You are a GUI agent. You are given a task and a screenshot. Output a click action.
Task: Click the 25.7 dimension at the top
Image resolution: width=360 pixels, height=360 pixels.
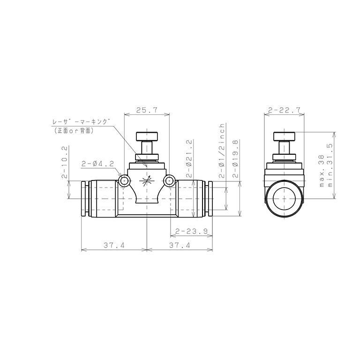tap(147, 110)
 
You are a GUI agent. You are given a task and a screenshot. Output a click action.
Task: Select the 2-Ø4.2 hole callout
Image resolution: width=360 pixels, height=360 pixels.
tap(98, 164)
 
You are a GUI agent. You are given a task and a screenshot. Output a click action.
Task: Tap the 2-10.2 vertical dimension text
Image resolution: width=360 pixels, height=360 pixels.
tap(65, 162)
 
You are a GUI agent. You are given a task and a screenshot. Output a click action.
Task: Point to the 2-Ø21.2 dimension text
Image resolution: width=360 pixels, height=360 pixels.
tap(189, 158)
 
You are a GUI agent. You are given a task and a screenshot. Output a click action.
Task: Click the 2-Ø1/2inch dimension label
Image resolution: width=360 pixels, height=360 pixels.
tap(222, 151)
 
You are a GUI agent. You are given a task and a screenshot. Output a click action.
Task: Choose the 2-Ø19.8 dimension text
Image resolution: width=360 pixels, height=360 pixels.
tap(236, 159)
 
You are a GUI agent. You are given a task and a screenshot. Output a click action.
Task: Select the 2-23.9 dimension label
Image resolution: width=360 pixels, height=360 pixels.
tap(191, 231)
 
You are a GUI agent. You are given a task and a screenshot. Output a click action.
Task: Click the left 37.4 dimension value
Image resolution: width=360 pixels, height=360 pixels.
tap(114, 245)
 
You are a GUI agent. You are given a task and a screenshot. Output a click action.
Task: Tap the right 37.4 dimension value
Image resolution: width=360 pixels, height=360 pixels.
tap(180, 245)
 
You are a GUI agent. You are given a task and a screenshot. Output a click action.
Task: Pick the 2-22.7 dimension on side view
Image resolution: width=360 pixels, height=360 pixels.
tap(284, 110)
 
